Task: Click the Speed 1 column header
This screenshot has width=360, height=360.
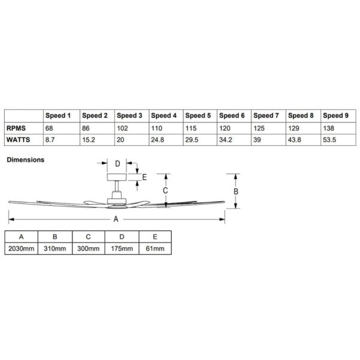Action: coord(58,115)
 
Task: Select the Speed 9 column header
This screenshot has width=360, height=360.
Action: coord(335,115)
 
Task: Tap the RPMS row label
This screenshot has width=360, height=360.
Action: coord(16,128)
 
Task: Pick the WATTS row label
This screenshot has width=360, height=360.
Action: coord(18,140)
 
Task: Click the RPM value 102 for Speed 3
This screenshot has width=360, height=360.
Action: coord(122,128)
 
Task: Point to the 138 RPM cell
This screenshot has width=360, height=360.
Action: coord(329,128)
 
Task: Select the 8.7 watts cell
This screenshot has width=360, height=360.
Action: coord(50,140)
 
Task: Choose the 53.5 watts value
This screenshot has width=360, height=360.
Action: coord(329,140)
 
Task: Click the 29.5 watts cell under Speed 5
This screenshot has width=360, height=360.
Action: coord(192,140)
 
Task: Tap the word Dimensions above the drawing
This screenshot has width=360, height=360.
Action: coord(25,160)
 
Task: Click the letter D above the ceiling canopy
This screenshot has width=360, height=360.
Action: coord(118,164)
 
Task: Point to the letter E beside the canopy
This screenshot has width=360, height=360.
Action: coord(145,177)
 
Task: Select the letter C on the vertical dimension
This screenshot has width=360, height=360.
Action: coord(166,190)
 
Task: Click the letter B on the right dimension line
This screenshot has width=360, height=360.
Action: coord(236,191)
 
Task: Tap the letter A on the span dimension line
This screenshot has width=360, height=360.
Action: coord(116,219)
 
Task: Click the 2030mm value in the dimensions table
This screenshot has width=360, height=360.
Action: coord(21,248)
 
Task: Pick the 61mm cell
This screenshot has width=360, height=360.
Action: coord(155,248)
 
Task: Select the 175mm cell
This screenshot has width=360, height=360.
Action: coord(122,248)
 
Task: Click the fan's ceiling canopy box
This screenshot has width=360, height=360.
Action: coord(116,177)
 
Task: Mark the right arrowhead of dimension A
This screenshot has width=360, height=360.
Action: coord(222,219)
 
